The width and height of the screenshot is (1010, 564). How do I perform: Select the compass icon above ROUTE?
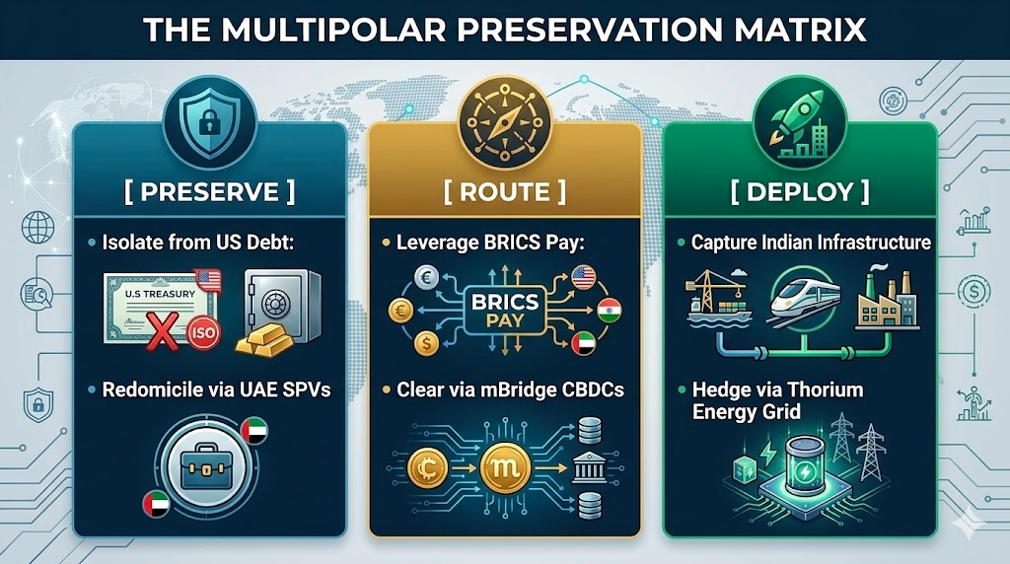tap(504, 122)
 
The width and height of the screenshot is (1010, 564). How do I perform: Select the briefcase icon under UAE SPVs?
tap(206, 467)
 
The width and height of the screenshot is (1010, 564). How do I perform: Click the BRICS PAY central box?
tap(505, 311)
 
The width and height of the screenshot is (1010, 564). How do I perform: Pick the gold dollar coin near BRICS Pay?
tap(426, 343)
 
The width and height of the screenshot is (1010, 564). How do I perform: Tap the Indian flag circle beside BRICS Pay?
tap(609, 311)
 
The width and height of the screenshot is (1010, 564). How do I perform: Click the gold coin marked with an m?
tap(505, 468)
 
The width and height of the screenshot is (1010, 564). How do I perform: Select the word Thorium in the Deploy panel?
tap(826, 389)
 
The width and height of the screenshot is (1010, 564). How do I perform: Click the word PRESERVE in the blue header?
tap(209, 192)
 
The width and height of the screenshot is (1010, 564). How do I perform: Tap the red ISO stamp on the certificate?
tap(203, 333)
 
